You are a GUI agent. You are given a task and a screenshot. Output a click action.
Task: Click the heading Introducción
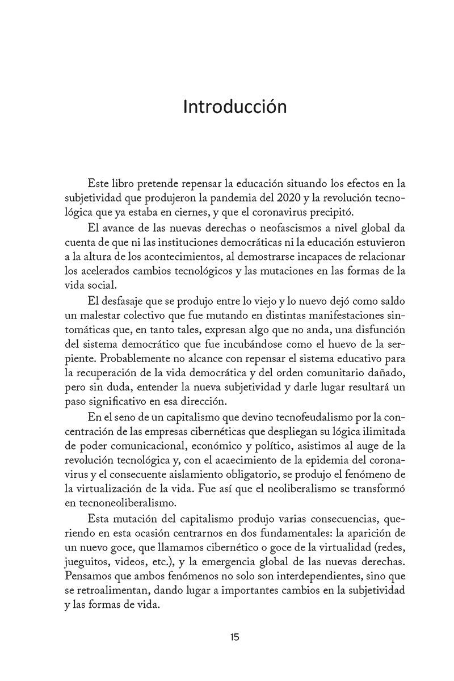tap(234, 107)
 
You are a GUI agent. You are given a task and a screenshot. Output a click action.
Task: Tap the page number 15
tap(234, 637)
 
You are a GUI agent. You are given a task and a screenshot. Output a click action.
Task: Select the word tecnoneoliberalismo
tap(126, 507)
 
